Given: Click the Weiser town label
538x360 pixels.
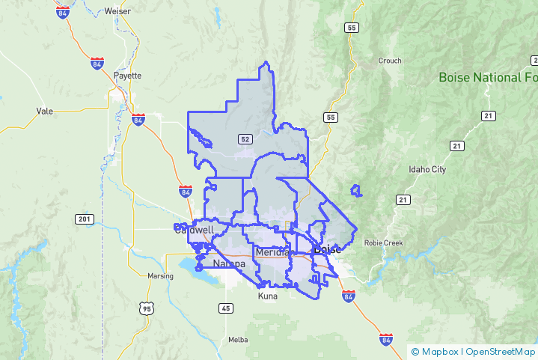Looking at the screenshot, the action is click(x=118, y=11).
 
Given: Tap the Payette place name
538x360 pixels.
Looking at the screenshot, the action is click(x=126, y=76).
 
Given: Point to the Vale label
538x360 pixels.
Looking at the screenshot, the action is click(x=44, y=111).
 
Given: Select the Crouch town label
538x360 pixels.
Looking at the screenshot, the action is click(x=390, y=61).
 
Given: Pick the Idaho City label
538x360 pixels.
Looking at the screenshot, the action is click(x=427, y=170).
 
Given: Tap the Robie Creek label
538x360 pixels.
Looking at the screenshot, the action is click(x=383, y=243).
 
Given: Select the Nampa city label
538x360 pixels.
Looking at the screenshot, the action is click(x=229, y=264).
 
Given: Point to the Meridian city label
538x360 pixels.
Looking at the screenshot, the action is click(x=272, y=252).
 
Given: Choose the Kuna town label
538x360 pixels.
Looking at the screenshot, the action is click(x=267, y=296).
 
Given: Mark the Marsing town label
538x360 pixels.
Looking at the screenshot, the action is click(x=161, y=276).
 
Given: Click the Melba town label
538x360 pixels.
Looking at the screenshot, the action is click(x=238, y=340).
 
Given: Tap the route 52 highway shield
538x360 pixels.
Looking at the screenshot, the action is click(x=245, y=139).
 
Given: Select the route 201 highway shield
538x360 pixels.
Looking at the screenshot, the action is click(x=84, y=219).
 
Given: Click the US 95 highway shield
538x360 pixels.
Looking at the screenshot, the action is click(x=147, y=308).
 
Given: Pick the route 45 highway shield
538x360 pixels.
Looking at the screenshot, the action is click(x=226, y=308).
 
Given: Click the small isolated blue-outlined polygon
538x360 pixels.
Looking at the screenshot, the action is click(x=356, y=191).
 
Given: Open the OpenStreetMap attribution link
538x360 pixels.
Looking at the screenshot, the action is click(x=501, y=351).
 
